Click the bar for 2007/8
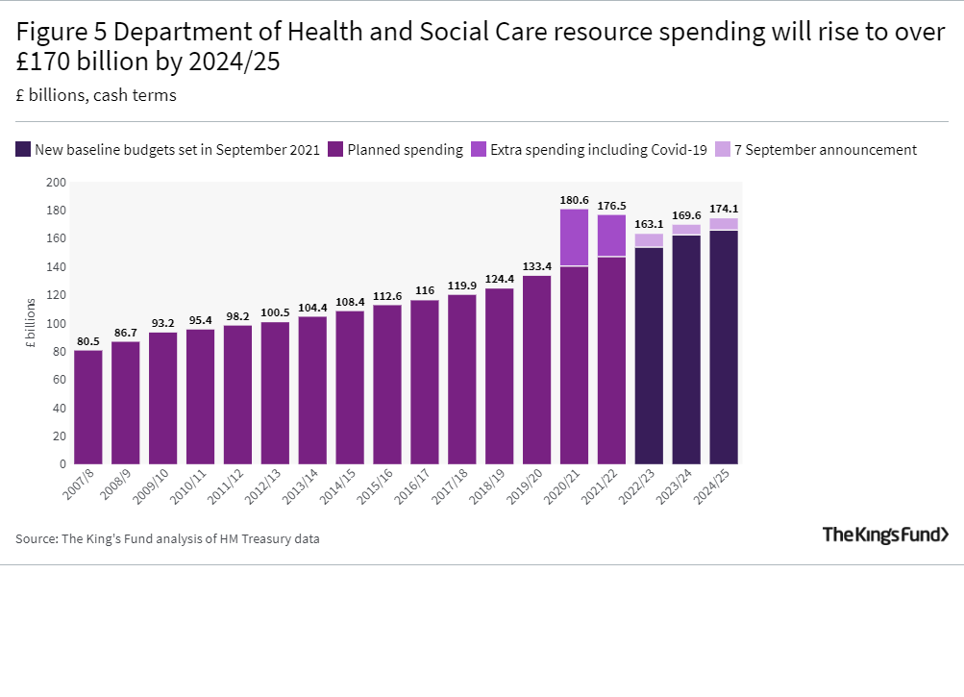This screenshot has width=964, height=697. tap(88, 407)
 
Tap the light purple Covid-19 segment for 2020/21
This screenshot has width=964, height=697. tap(574, 237)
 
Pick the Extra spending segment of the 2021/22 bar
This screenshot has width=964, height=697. tap(611, 236)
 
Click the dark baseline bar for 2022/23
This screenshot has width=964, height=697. tap(649, 356)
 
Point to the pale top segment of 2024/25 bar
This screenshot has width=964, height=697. tap(724, 224)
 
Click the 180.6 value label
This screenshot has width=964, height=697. tap(574, 200)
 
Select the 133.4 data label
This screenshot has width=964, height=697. tap(537, 266)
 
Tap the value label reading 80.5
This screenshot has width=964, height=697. tap(88, 340)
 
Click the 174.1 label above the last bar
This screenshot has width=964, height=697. tap(724, 209)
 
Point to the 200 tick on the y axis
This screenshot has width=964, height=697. tap(56, 183)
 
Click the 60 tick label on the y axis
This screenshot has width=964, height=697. tap(59, 380)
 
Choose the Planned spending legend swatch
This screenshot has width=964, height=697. tap(335, 150)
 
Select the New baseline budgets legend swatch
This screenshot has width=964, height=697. tap(23, 150)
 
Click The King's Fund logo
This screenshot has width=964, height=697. tap(885, 535)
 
